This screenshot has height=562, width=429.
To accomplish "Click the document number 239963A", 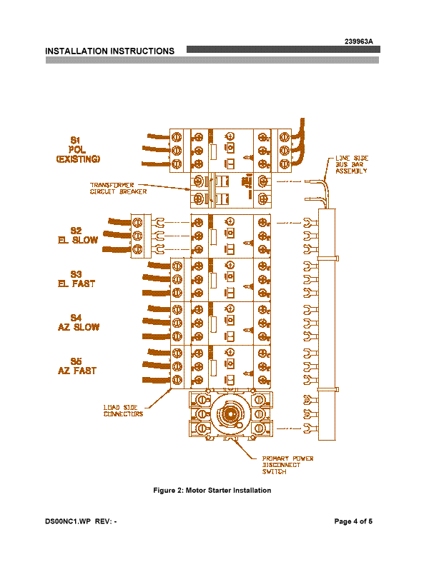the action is [359, 41].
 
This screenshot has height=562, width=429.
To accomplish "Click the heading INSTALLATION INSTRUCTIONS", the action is [110, 51].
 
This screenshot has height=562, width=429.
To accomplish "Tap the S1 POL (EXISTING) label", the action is [78, 149].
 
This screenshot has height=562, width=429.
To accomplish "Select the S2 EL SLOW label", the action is [77, 235].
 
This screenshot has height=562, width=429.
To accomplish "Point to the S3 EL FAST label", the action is [77, 279].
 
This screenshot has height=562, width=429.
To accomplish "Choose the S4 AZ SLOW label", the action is [78, 322].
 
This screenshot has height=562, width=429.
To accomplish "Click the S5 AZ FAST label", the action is [77, 366].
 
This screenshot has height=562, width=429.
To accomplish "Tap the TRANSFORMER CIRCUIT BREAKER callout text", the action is [118, 189].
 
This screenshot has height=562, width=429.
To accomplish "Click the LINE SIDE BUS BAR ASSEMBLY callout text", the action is [352, 164].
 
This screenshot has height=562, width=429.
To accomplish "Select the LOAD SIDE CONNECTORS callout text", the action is [123, 411].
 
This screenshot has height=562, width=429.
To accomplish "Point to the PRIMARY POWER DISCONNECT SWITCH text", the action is [287, 465].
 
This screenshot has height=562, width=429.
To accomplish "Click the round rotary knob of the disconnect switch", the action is [228, 413].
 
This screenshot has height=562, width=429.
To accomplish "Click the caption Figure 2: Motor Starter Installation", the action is [212, 490].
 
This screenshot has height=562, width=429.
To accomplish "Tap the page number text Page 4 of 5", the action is [353, 521].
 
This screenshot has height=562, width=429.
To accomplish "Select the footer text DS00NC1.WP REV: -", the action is [81, 521].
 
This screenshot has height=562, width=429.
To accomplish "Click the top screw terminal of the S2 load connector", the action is [137, 223].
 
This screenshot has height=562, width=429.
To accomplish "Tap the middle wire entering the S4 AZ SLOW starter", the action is [157, 321].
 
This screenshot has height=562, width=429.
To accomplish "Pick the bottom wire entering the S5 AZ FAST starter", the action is [157, 380].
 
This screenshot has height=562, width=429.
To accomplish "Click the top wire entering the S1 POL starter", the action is [158, 136].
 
